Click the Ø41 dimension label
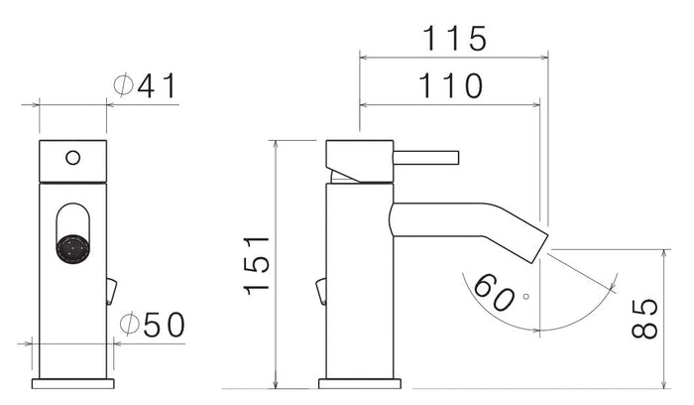145,86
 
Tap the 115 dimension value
454,39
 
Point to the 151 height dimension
256,264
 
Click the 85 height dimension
645,317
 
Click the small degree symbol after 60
525,295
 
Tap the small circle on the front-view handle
71,157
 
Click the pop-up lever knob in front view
110,290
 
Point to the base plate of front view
72,382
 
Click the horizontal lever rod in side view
426,157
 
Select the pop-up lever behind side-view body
320,290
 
